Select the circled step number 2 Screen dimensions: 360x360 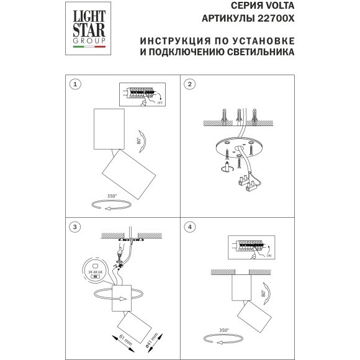click(191, 84)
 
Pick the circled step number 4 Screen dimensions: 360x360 click(191, 227)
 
